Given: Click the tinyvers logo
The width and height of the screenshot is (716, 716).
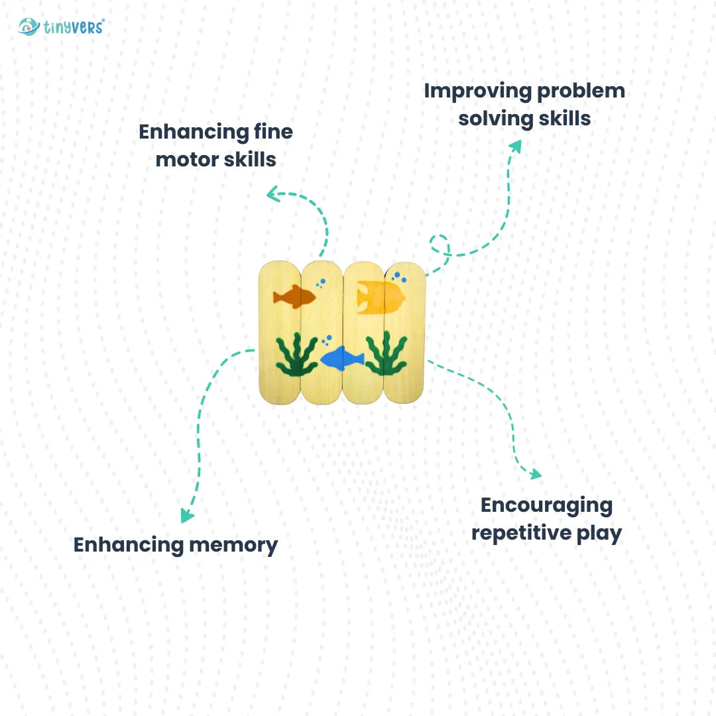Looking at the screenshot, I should [61, 27].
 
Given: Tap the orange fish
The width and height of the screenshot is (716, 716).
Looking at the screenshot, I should [294, 296].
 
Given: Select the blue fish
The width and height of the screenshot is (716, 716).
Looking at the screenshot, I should [342, 358].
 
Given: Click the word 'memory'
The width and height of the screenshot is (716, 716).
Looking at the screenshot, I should [233, 545].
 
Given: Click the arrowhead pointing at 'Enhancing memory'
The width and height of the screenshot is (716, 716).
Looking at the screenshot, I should [188, 516].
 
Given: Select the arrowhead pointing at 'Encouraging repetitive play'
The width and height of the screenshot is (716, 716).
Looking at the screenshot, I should [535, 473].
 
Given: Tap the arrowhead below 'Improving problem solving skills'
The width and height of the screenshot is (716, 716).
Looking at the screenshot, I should [515, 147].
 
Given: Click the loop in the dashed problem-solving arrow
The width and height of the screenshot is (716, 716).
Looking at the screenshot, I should [440, 244].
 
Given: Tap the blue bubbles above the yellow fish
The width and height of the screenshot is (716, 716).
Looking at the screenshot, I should [396, 275].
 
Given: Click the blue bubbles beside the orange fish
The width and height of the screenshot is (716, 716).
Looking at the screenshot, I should [321, 283].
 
